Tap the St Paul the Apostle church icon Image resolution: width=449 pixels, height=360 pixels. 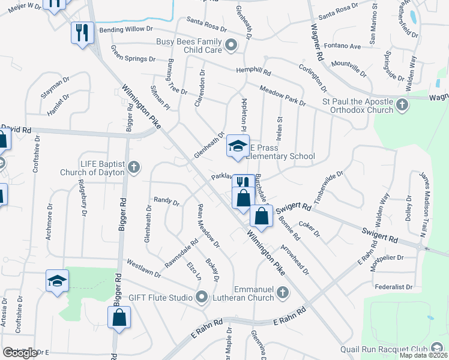click(x=402, y=106)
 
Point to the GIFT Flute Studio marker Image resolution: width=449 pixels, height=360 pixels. click(x=202, y=297)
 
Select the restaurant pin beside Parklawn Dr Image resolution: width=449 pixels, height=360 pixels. click(x=243, y=184)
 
